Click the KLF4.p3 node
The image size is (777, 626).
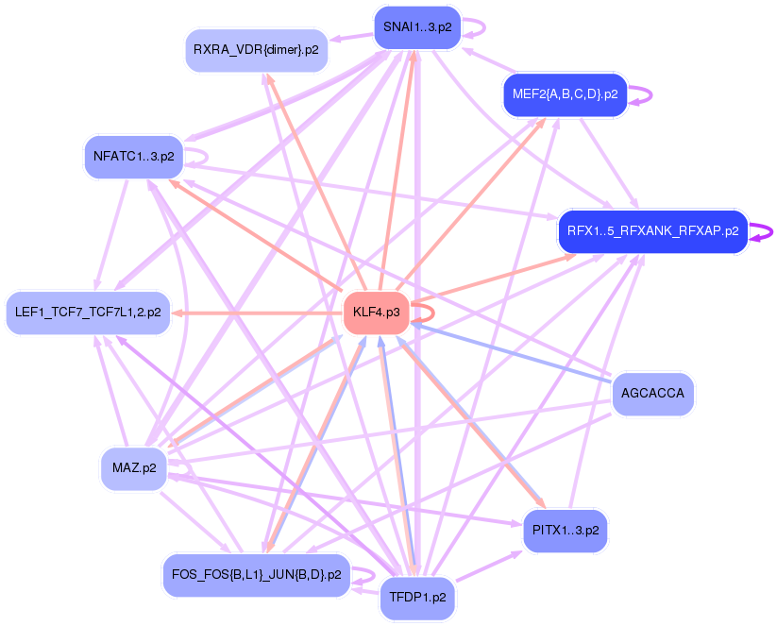[376, 312]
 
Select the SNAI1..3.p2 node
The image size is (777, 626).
[414, 27]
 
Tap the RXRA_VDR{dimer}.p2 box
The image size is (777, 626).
[256, 50]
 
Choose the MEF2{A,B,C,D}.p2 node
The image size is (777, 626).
[565, 94]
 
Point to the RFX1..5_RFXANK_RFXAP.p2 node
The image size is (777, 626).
[652, 230]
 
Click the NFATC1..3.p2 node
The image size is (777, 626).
[133, 157]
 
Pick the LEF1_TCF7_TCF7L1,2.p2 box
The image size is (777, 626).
[88, 312]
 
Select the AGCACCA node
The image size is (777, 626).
[653, 393]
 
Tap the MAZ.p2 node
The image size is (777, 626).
[133, 467]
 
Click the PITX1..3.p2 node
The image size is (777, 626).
[566, 531]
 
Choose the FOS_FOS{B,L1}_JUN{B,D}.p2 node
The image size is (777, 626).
[257, 574]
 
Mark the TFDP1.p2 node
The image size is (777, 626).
[417, 598]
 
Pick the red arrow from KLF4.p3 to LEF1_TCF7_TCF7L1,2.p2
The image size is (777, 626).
[255, 313]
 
